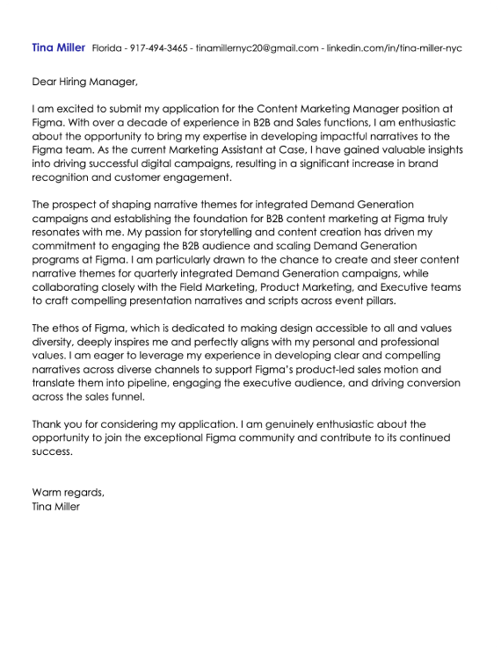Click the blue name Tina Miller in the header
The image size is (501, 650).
(x=58, y=47)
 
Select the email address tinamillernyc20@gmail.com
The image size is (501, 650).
(x=257, y=48)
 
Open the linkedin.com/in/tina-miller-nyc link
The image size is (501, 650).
(x=394, y=48)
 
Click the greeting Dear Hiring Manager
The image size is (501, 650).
(x=84, y=83)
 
